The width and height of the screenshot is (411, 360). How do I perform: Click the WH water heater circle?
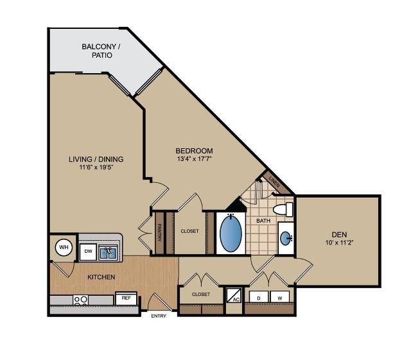64,247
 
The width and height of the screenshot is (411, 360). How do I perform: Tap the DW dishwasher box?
88,252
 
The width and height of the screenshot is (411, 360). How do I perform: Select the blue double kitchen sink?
108,253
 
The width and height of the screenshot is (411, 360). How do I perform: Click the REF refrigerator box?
126,298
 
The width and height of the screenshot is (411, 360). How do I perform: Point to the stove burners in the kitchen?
80,300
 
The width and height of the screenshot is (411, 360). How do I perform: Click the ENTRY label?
159,316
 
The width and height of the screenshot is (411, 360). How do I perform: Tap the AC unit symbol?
234,295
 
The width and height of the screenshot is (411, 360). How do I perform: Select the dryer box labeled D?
259,296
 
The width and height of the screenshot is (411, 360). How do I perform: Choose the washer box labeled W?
280,296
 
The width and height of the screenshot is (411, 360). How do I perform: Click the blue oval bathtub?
231,233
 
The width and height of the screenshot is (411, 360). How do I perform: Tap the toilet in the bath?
283,209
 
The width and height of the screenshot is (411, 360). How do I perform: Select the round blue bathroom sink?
286,238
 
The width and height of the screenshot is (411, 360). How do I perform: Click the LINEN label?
275,181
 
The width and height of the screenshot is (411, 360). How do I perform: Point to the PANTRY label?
159,232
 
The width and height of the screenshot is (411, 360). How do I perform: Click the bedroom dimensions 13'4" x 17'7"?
194,159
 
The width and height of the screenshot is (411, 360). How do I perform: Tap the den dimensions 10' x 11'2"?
340,243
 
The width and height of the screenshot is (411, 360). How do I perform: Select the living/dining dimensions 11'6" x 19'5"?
96,167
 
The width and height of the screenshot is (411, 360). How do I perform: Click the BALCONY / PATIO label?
101,51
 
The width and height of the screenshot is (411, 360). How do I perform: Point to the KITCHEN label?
101,277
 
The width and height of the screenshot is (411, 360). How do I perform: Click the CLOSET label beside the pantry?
190,231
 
